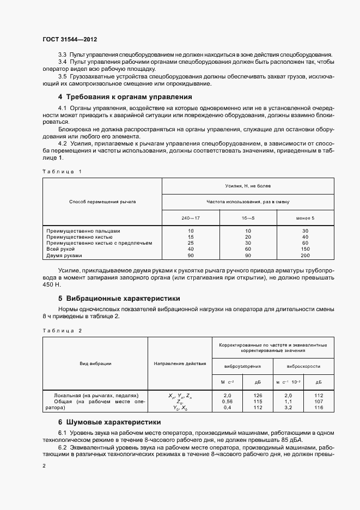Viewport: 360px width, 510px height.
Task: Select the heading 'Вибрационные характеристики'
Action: (x=123, y=299)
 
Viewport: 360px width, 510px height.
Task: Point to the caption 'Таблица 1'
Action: (x=62, y=172)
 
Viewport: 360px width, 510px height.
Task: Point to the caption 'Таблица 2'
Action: (x=62, y=330)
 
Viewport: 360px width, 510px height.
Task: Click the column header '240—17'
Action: (x=190, y=218)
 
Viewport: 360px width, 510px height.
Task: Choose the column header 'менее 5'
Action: (x=305, y=218)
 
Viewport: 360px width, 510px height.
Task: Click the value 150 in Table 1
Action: (x=305, y=249)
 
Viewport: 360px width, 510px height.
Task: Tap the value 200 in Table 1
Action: (x=305, y=256)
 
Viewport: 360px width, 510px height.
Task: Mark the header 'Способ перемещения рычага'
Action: (x=102, y=202)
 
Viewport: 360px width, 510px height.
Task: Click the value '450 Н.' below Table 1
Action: (x=52, y=285)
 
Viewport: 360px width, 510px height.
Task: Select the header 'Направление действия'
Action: (x=180, y=363)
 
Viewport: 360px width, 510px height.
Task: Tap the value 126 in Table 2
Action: (x=258, y=396)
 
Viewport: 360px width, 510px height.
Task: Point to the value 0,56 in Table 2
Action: (x=228, y=402)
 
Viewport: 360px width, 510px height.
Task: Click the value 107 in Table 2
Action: (x=319, y=402)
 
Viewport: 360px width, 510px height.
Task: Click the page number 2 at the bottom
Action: (x=44, y=465)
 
